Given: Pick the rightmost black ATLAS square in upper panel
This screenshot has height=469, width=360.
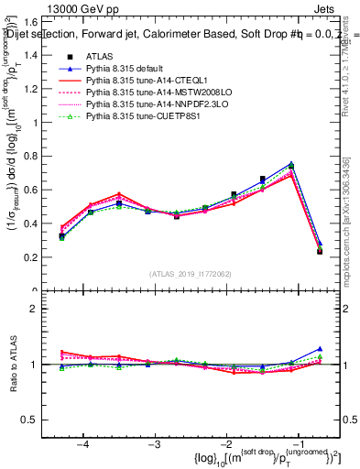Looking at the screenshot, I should [x=320, y=251].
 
